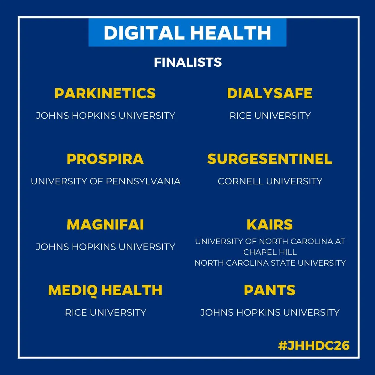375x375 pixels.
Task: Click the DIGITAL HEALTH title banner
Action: (x=187, y=33)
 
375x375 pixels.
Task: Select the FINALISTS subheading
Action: (x=187, y=62)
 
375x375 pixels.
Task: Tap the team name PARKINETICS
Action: (x=105, y=93)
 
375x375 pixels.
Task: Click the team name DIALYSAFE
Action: (x=270, y=93)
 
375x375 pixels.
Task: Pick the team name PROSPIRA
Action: (x=105, y=159)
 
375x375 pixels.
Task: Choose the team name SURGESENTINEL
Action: (x=270, y=159)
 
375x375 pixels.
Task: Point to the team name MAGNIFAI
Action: (x=105, y=225)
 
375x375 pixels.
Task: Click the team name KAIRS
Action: (x=270, y=225)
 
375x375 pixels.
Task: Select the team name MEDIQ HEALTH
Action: (x=105, y=290)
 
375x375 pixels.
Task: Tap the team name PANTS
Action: (x=270, y=290)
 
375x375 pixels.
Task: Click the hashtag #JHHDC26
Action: (x=314, y=345)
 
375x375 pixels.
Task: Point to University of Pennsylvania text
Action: (x=106, y=181)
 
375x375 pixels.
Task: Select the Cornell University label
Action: (x=270, y=181)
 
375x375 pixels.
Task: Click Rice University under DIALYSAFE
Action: (x=270, y=116)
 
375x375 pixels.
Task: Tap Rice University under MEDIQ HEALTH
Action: (x=106, y=312)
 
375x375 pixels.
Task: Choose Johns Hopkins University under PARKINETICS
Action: (x=106, y=116)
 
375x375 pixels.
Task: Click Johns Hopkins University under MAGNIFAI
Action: (x=106, y=247)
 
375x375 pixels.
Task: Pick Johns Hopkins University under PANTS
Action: (x=270, y=312)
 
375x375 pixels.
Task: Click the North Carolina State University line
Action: (x=270, y=263)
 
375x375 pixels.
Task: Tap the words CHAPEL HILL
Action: (x=270, y=252)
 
